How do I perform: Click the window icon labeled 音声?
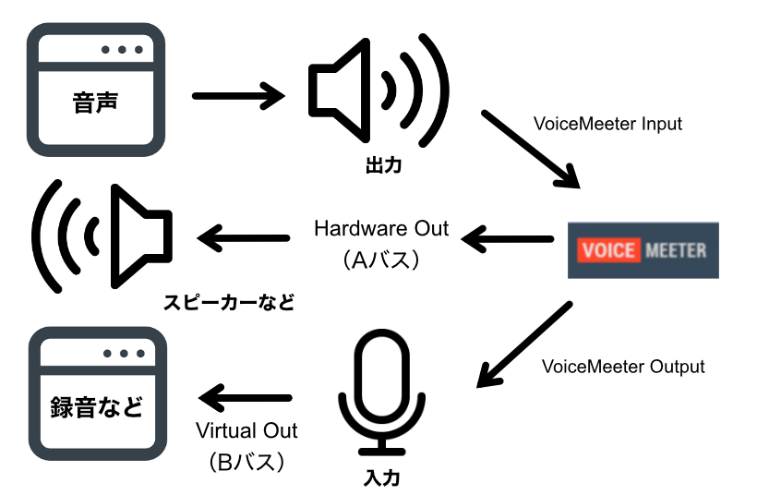point(96,90)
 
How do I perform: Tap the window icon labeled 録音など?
point(96,395)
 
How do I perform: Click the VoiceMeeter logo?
point(643,249)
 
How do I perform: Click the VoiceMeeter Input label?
point(607,123)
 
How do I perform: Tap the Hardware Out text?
point(381,228)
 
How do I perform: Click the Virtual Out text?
point(246,430)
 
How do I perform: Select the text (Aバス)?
point(381,260)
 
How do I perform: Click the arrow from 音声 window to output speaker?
point(237,93)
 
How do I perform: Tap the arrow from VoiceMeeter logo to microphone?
point(522,344)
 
